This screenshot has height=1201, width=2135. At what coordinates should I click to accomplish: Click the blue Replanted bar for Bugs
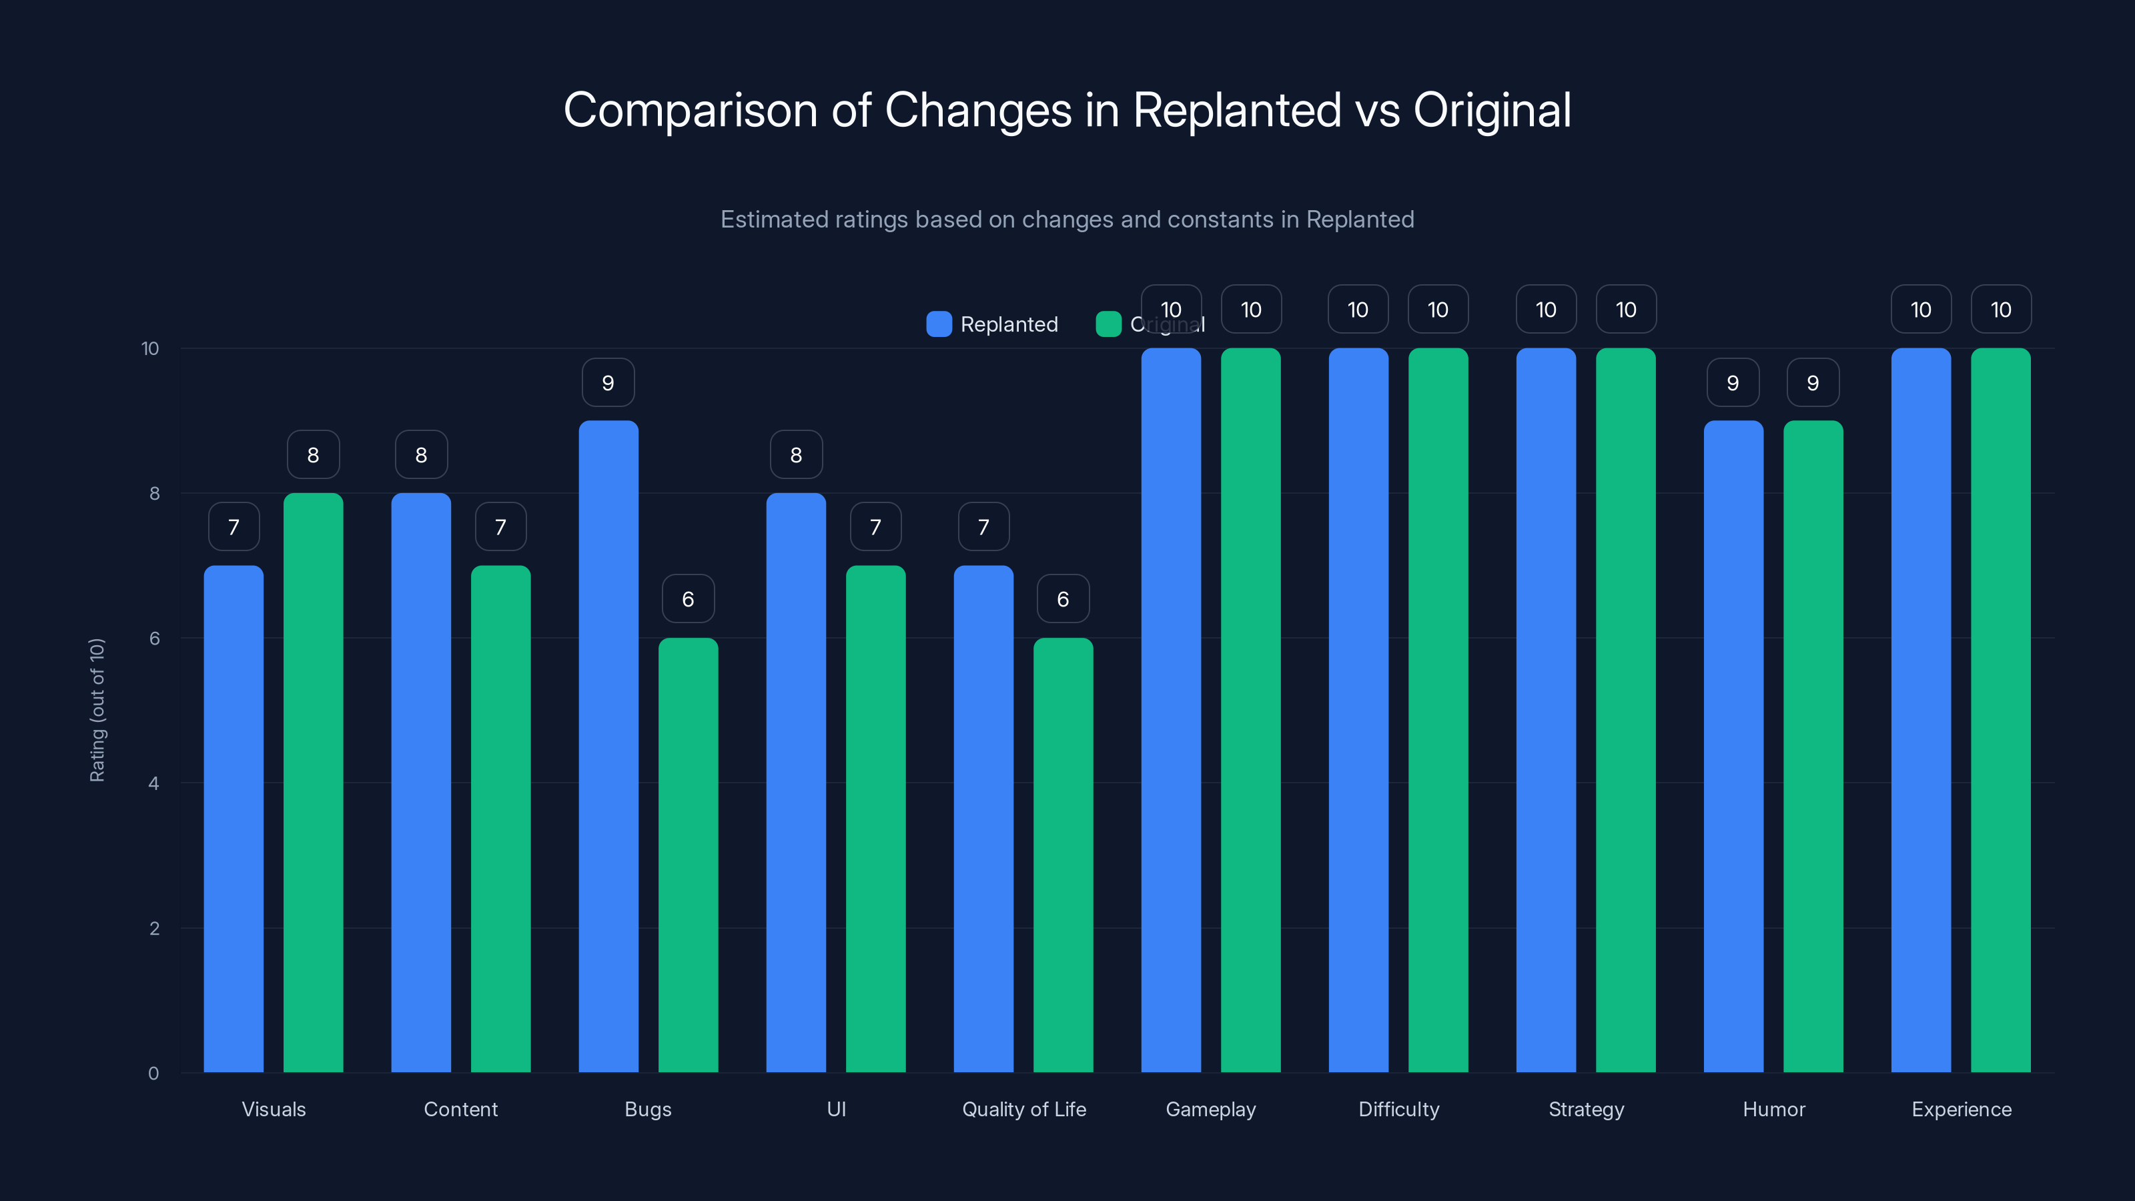click(608, 746)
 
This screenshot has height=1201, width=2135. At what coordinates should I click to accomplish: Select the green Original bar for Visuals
click(314, 783)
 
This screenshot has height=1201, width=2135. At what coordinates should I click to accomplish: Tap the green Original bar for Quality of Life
click(1063, 855)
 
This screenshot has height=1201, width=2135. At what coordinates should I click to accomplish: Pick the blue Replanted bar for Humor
click(1733, 746)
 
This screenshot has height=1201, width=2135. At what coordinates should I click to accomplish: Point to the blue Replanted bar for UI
click(796, 783)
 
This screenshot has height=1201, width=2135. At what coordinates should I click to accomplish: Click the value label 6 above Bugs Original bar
click(688, 598)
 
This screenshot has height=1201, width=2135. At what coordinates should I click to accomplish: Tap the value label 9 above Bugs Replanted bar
click(608, 382)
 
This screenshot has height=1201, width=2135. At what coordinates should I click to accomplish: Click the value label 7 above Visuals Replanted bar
click(234, 526)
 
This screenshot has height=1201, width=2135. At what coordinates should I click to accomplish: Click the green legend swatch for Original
click(1108, 324)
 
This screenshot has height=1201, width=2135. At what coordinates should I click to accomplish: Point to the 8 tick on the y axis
click(154, 493)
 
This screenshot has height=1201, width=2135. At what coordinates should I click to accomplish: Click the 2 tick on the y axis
click(154, 928)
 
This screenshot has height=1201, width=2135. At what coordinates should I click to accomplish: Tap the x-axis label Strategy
click(1587, 1109)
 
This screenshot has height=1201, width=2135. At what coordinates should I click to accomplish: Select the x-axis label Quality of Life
click(1023, 1109)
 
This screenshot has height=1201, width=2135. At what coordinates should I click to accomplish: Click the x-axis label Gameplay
click(1211, 1109)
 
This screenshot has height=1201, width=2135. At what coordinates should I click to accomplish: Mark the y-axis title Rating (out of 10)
click(97, 709)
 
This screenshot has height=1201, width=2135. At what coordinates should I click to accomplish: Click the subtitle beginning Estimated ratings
click(1067, 219)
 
